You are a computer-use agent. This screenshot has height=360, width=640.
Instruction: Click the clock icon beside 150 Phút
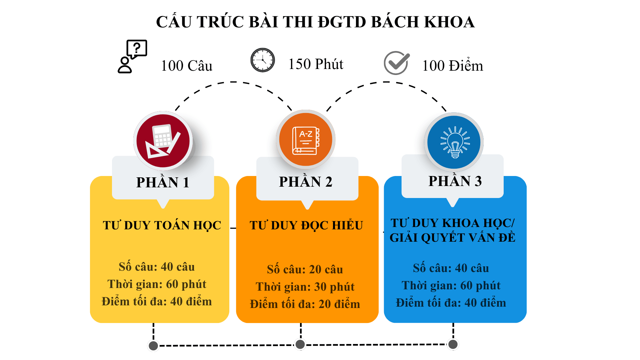263,60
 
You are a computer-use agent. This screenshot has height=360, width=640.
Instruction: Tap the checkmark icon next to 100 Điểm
397,63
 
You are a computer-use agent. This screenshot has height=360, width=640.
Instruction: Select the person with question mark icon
132,56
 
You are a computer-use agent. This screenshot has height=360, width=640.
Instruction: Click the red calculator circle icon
163,141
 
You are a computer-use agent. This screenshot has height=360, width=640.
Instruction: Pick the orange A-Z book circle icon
306,139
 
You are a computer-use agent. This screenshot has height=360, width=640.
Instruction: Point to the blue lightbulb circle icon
454,142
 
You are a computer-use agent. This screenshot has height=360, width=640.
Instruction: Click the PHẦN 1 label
163,182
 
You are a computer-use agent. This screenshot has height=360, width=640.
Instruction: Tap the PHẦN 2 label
306,181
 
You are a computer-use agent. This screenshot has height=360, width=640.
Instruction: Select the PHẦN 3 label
455,181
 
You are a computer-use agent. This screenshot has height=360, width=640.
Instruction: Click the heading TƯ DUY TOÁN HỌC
162,225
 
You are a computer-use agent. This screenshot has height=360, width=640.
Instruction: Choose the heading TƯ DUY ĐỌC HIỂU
306,225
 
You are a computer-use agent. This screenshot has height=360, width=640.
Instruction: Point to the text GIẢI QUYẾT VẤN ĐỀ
452,237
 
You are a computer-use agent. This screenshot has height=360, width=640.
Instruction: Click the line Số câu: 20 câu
305,269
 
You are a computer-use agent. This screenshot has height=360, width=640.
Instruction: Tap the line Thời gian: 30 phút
305,287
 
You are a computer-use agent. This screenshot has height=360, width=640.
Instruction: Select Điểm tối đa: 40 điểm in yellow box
157,301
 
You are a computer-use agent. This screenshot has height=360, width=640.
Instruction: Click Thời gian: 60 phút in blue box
451,285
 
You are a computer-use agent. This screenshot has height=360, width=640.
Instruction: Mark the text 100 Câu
186,66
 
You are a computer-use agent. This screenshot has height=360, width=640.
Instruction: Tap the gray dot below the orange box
300,344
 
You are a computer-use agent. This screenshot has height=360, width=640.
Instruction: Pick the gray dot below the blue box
453,344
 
